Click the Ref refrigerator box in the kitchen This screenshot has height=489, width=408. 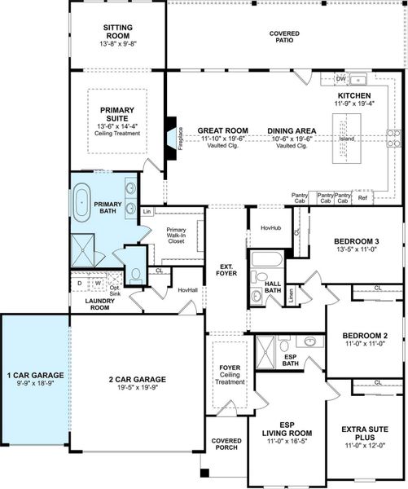[x=362, y=196]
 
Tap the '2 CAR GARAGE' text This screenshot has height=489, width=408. [x=138, y=379]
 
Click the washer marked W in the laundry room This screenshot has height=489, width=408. [x=98, y=284]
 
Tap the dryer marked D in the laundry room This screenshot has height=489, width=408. [x=80, y=284]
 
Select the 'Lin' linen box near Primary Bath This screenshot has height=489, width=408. [x=147, y=212]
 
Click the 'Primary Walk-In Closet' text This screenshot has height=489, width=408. [x=176, y=236]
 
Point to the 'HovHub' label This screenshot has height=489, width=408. [x=270, y=227]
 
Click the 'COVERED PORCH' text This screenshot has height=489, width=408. [x=227, y=444]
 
